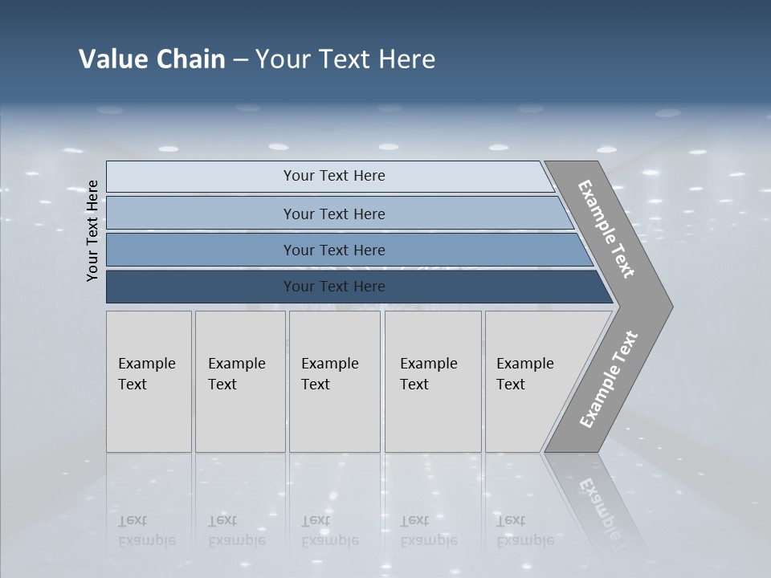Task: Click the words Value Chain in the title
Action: click(x=152, y=59)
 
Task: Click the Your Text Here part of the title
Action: click(x=345, y=59)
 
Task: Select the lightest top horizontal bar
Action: click(x=201, y=177)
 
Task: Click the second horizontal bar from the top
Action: click(x=201, y=214)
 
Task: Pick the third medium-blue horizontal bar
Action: click(x=201, y=250)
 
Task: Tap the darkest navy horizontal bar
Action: click(x=201, y=287)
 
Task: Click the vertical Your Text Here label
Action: click(x=92, y=230)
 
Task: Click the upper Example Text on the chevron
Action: click(x=606, y=229)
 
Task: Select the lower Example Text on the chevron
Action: click(x=608, y=379)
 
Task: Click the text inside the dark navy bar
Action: click(x=334, y=287)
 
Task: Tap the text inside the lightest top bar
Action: click(x=334, y=176)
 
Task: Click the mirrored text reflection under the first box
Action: click(x=146, y=531)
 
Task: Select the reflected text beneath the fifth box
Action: click(x=524, y=531)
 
